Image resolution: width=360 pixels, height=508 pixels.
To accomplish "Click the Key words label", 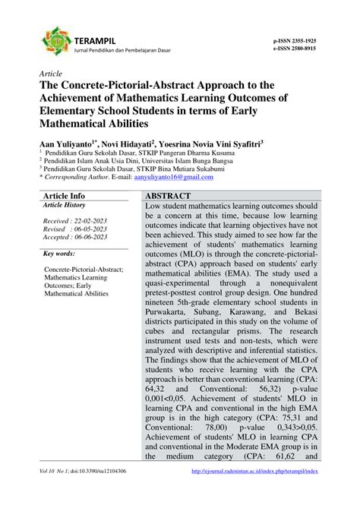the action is pos(58,253).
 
